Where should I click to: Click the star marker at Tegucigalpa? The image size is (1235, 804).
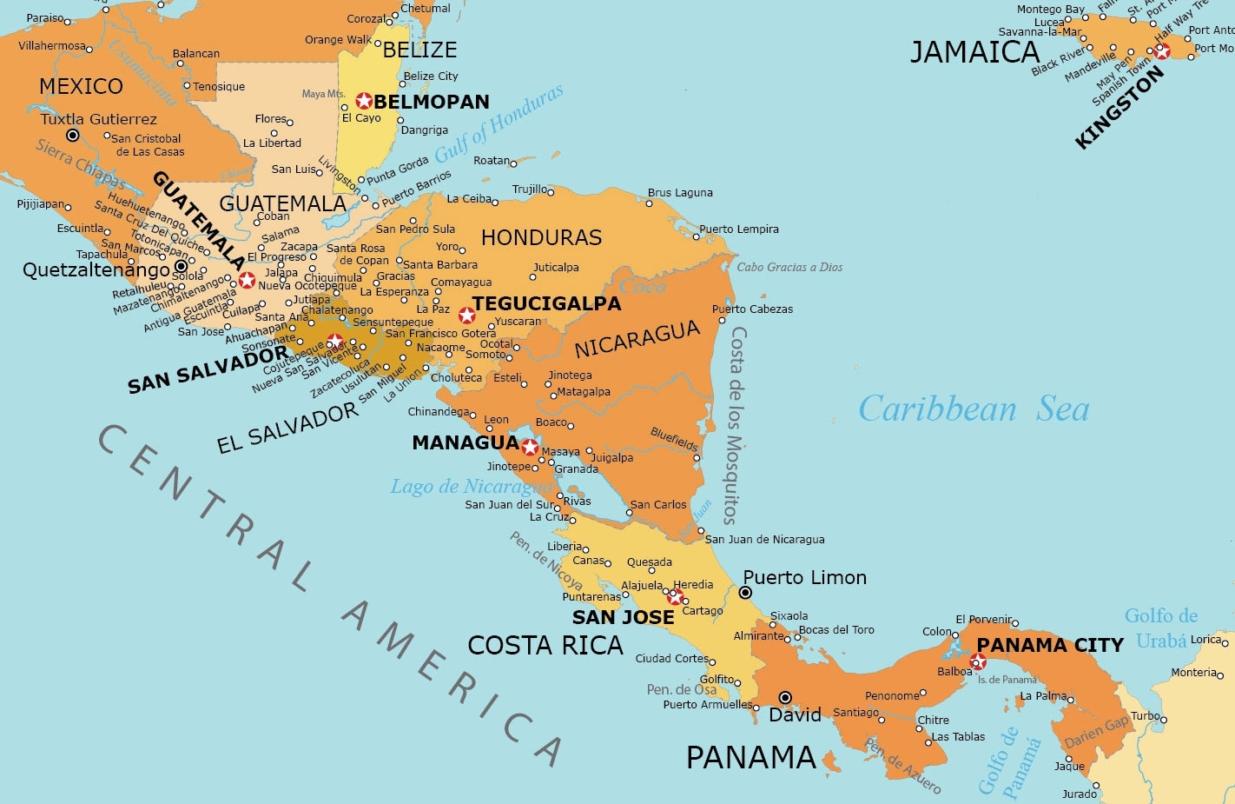(x=467, y=315)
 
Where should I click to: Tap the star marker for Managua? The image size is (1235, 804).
(x=530, y=448)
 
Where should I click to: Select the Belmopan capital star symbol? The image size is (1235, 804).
(x=364, y=101)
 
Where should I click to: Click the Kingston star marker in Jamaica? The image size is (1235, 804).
(x=1162, y=51)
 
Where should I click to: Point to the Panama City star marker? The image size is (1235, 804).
(x=978, y=662)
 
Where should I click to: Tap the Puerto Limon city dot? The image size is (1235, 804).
(x=745, y=593)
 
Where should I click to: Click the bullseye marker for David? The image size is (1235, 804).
(x=785, y=697)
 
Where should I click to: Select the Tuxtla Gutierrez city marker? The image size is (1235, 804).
(x=73, y=136)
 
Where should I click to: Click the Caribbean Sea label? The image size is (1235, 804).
(x=974, y=409)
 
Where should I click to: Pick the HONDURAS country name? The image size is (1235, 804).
(x=541, y=237)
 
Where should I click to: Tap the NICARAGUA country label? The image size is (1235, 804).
(x=637, y=339)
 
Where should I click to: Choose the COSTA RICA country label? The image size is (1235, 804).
(x=545, y=645)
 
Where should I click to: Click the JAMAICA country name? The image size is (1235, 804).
(x=974, y=52)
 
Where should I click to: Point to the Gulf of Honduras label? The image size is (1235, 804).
(x=499, y=123)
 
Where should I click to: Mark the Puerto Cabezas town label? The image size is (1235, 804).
(x=752, y=309)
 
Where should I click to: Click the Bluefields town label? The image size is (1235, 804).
(x=675, y=439)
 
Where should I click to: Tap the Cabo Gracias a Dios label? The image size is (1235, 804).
(x=789, y=267)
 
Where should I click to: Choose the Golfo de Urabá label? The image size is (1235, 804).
(x=1161, y=628)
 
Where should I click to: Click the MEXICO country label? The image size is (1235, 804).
(x=81, y=86)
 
